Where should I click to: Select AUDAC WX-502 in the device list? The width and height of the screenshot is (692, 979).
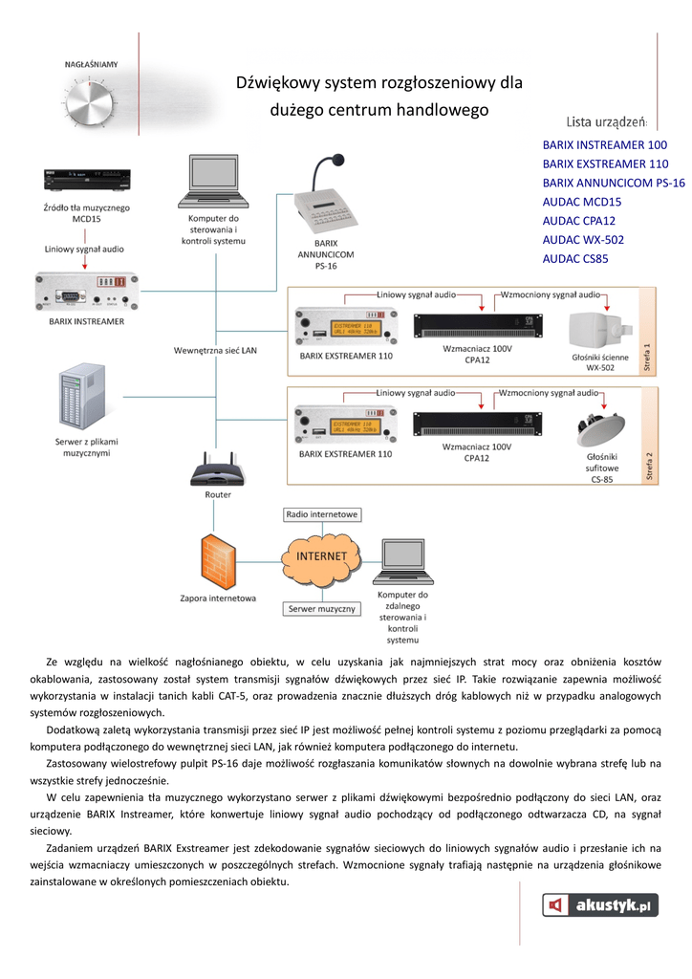[583, 239]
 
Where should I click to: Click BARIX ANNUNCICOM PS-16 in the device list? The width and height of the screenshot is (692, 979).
[614, 183]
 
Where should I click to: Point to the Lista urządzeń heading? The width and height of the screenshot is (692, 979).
[606, 121]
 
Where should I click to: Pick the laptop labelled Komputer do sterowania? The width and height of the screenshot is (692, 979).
[212, 182]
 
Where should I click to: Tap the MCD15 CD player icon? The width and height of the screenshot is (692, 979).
[86, 181]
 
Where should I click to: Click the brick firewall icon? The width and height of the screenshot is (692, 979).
[218, 563]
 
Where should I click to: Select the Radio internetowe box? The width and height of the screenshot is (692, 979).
[322, 514]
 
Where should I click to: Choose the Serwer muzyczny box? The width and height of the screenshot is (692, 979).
[322, 608]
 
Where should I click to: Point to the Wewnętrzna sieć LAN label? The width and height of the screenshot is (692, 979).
[215, 351]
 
